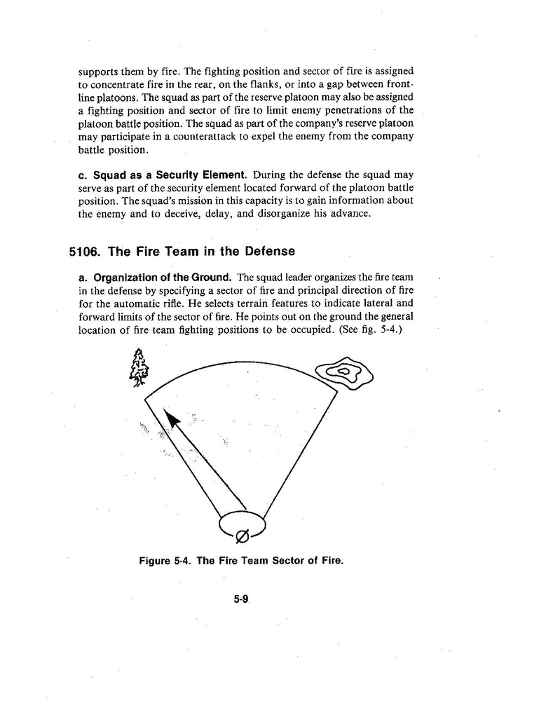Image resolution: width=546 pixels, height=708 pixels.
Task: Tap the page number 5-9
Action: pos(242,599)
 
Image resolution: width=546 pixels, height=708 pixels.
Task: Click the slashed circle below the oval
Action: pos(241,538)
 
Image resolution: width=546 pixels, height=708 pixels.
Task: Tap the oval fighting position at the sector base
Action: pos(243,522)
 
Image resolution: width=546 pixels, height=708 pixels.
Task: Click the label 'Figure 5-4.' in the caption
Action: pos(165,561)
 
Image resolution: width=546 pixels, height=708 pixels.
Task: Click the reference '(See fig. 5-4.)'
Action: pos(376,331)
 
